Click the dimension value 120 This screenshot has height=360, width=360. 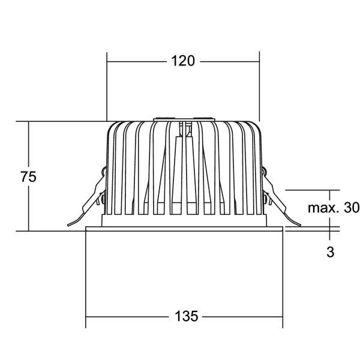pyautogui.click(x=183, y=61)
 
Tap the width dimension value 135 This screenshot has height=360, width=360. pyautogui.click(x=184, y=316)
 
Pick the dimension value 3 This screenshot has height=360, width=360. pyautogui.click(x=330, y=251)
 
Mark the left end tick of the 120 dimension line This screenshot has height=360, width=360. pyautogui.click(x=107, y=61)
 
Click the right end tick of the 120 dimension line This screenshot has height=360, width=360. pyautogui.click(x=259, y=61)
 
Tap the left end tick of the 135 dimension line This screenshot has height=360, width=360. pyautogui.click(x=86, y=316)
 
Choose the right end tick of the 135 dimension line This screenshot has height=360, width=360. pyautogui.click(x=281, y=316)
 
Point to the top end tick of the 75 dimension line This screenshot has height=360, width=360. pyautogui.click(x=28, y=121)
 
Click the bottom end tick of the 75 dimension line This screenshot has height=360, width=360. pyautogui.click(x=28, y=230)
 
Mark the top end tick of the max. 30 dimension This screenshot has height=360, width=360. pyautogui.click(x=330, y=190)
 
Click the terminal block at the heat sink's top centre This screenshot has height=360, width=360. pyautogui.click(x=183, y=119)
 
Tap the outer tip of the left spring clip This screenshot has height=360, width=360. pyautogui.click(x=69, y=226)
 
